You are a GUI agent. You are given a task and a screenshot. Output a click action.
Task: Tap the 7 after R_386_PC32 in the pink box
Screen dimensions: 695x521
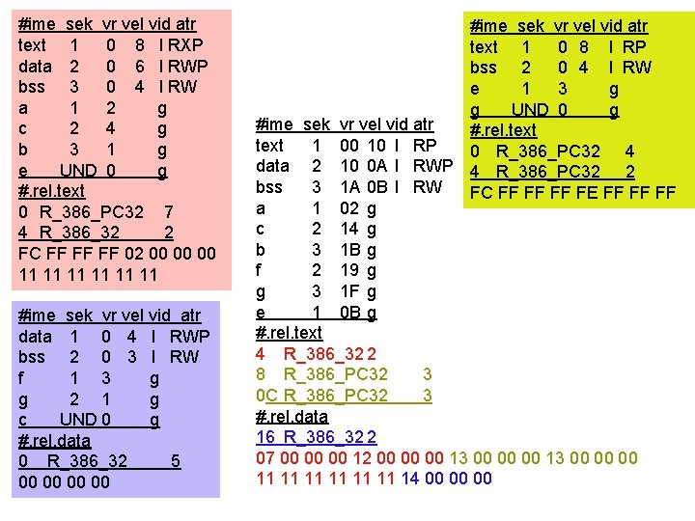pyautogui.click(x=169, y=211)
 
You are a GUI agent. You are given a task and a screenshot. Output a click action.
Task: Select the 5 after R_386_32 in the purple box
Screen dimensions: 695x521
pyautogui.click(x=175, y=461)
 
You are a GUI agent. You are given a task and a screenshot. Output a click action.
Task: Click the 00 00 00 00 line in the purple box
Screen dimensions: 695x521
pyautogui.click(x=65, y=481)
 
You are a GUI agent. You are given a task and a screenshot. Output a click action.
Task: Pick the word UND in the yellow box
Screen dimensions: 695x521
pyautogui.click(x=530, y=110)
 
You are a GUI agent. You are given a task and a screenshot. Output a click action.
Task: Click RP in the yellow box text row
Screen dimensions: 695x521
pyautogui.click(x=634, y=47)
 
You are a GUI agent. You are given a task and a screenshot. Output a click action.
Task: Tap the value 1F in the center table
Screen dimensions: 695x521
pyautogui.click(x=351, y=291)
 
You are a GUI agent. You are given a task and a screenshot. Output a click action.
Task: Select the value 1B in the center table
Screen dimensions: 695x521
pyautogui.click(x=351, y=249)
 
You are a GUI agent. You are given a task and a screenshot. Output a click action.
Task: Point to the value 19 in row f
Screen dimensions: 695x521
pyautogui.click(x=350, y=270)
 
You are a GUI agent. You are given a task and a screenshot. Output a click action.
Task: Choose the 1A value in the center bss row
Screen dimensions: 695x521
pyautogui.click(x=351, y=186)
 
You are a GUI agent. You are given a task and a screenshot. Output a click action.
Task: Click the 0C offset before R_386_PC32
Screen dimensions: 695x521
pyautogui.click(x=267, y=395)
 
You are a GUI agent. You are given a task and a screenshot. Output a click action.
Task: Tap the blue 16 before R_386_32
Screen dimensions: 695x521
pyautogui.click(x=265, y=437)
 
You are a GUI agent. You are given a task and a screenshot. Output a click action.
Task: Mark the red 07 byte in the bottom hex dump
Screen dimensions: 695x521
pyautogui.click(x=267, y=458)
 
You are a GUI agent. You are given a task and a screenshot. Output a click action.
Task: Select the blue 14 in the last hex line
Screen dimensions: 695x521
pyautogui.click(x=409, y=479)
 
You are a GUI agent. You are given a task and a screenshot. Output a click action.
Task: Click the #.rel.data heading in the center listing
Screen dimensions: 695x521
pyautogui.click(x=292, y=416)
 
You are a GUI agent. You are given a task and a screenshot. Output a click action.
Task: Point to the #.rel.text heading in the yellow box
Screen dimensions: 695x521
pyautogui.click(x=502, y=130)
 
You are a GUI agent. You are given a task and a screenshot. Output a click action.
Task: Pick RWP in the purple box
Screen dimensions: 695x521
pyautogui.click(x=189, y=337)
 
